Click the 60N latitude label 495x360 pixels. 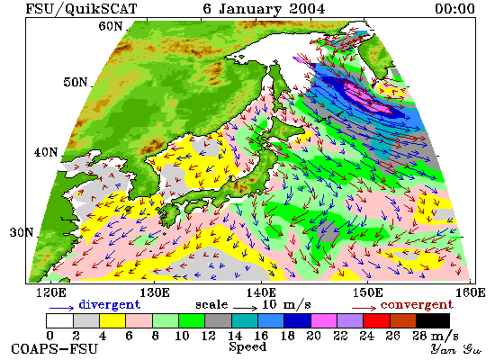pos(110,26)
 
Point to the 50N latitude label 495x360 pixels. pos(75,82)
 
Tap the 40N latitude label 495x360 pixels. pos(46,152)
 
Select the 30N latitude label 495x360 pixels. pos(22,233)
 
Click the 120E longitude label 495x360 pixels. pos(51,292)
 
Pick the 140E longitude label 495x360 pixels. pos(261,292)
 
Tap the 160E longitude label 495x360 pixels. pos(471,292)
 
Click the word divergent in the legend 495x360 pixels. pos(109,304)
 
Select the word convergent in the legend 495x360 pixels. pos(417,304)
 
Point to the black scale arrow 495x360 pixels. pos(246,307)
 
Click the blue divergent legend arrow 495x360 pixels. pos(61,308)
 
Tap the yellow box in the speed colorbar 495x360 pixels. pos(112,320)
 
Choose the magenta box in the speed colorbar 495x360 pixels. pos(324,320)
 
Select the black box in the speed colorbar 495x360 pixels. pos(433,320)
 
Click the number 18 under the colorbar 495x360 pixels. pos(287,336)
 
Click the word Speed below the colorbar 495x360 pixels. pos(247,346)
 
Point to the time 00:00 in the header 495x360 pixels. pos(454,8)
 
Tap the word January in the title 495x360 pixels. pos(249,9)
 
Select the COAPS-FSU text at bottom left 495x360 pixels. pos(54,349)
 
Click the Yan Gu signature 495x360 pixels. pos(455,349)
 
